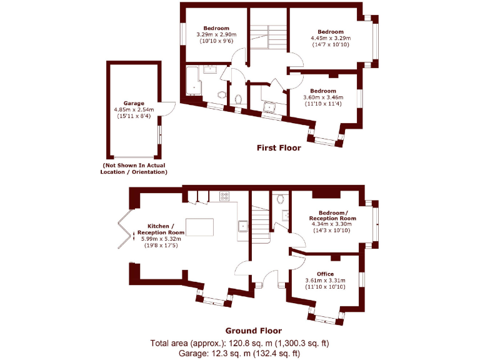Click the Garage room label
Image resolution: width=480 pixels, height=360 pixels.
pos(133,103)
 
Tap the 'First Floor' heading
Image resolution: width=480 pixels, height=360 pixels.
pos(279,148)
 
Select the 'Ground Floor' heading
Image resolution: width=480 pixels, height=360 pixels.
pos(253,331)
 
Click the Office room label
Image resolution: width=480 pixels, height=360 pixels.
pos(325,274)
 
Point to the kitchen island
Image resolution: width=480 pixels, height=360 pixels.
pos(199,227)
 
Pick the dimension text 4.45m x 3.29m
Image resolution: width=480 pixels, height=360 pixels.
pos(331,38)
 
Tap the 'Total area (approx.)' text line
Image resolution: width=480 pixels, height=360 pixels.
pos(239,343)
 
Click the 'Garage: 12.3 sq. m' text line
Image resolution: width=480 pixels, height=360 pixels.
pos(239,353)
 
